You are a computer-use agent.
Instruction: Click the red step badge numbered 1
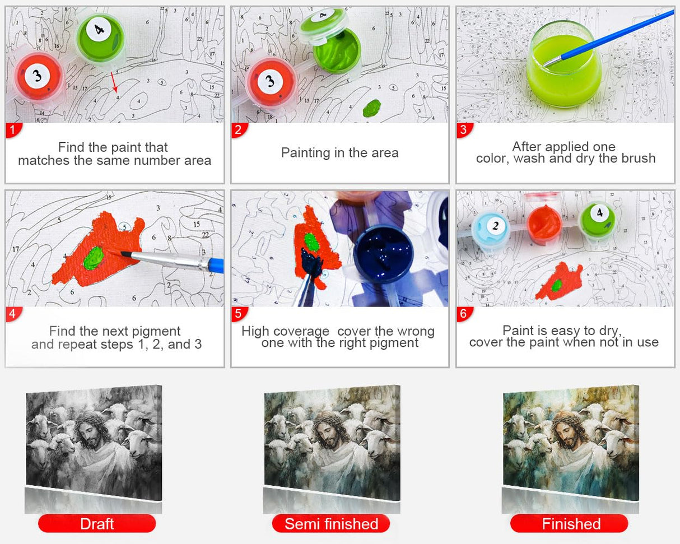click(13, 130)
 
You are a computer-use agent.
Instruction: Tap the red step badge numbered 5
click(239, 314)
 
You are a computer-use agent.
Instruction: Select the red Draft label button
click(97, 523)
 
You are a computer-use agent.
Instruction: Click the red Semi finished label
click(331, 523)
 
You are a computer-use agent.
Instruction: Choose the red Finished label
click(569, 523)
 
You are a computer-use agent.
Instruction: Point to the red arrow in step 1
click(114, 82)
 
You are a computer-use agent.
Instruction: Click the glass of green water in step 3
click(564, 65)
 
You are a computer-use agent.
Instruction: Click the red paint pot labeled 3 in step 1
click(38, 77)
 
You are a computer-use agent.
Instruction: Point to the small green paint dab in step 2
click(371, 108)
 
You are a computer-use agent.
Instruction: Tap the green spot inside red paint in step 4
click(94, 258)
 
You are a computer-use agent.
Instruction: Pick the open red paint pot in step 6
click(544, 224)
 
